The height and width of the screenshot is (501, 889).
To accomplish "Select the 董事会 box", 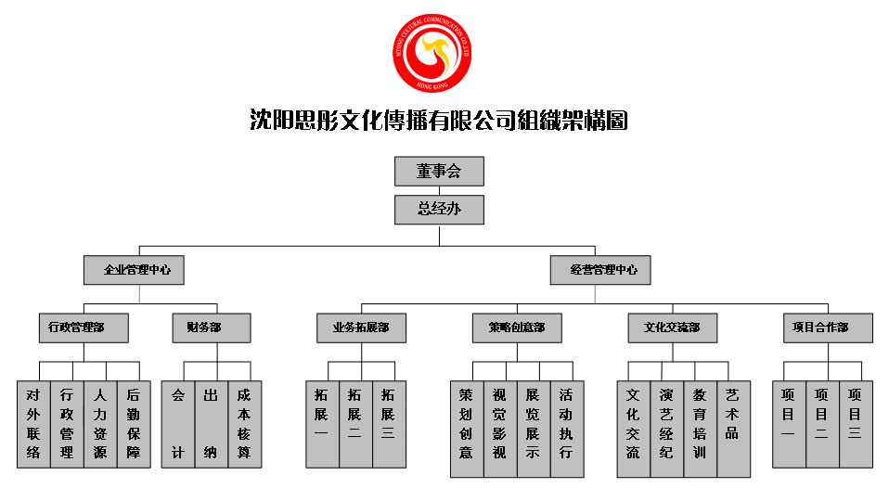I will point(439,172).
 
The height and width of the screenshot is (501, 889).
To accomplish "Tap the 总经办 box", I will point(439,209).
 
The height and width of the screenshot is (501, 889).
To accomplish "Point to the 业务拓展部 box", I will point(361,328).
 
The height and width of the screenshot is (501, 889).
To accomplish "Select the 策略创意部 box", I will point(517,328).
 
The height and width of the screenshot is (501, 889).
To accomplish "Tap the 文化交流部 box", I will point(672,328).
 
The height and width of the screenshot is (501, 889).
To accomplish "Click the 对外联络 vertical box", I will point(33,424).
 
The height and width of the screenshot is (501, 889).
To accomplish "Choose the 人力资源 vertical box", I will point(100,424).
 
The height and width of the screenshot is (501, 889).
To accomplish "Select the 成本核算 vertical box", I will point(245,424).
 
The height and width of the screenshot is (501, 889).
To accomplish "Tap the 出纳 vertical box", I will point(212,424).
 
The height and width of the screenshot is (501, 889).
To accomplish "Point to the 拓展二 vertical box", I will point(356,424).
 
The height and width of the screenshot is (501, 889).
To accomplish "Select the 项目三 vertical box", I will point(856,424).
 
